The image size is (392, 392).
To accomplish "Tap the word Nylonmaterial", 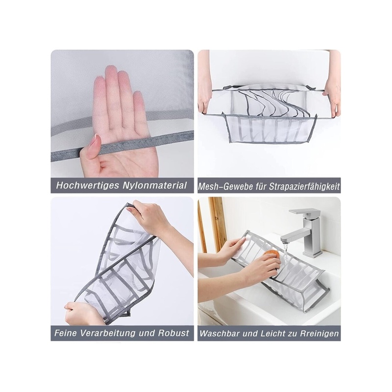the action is click(x=155, y=186).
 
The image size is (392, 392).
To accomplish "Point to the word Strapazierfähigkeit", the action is click(x=304, y=187).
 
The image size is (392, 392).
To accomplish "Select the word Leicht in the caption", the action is click(x=272, y=334).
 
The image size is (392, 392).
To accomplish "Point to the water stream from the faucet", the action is click(x=285, y=253).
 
